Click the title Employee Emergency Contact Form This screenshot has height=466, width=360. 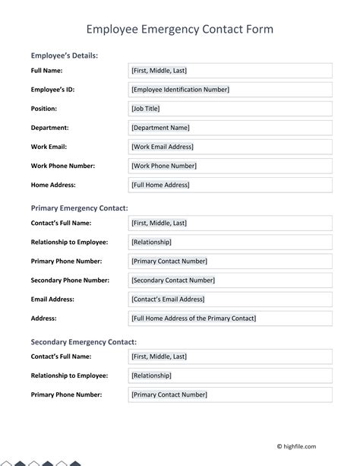pos(179,29)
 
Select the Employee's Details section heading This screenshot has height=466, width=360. pos(64,55)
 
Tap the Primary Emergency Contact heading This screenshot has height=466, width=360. pos(79,208)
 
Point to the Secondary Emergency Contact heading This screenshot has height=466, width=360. pos(84,342)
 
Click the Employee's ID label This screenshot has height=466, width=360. pos(52,90)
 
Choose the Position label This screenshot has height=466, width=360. pos(43,109)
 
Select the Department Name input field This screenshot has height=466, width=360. pos(231,128)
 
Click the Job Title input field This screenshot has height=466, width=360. pos(231,109)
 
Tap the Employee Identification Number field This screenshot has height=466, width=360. pos(231,90)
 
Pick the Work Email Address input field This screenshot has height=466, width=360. pos(231,147)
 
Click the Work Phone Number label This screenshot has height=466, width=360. pos(62,166)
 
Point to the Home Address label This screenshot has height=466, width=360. pos(53,185)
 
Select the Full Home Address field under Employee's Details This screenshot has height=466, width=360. pos(231,185)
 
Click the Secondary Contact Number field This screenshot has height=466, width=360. pos(231,280)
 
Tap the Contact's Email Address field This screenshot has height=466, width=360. pos(231,299)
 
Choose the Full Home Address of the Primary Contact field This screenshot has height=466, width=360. pos(231,318)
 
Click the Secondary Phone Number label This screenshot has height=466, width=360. pos(70,280)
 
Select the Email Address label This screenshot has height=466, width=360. pos(54,299)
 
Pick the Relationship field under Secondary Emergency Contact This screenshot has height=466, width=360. pos(231,376)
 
